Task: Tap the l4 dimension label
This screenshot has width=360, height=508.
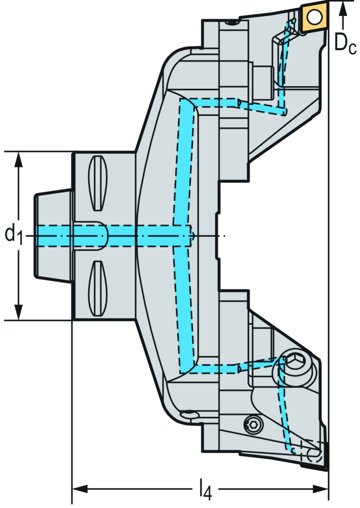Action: (x=206, y=489)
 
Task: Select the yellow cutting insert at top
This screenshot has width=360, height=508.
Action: (x=314, y=17)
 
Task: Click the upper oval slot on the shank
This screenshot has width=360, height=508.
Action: (x=98, y=183)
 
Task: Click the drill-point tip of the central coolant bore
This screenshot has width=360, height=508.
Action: (x=193, y=235)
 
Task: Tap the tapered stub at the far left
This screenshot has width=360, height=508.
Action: (x=53, y=235)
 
